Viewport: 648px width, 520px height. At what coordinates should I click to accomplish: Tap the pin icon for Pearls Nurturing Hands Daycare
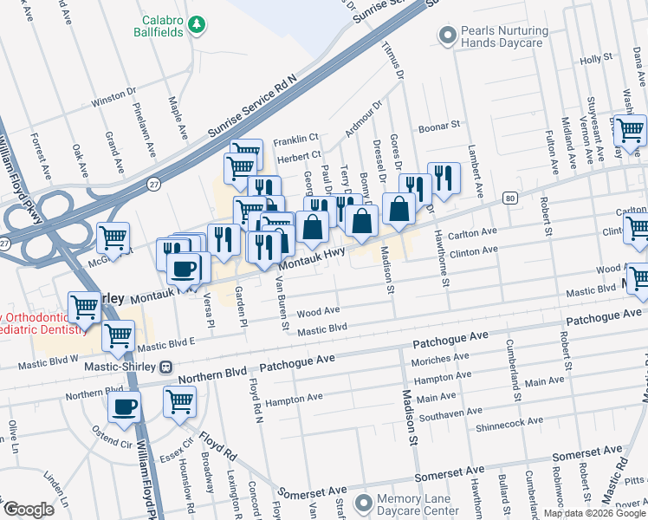[448, 36]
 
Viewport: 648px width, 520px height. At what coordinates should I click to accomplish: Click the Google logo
[29, 510]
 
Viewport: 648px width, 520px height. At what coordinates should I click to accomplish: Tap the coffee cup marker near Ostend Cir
[125, 406]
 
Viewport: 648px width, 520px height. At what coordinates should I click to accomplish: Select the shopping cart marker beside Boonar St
[631, 130]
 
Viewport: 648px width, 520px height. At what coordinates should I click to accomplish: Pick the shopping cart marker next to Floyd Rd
[179, 401]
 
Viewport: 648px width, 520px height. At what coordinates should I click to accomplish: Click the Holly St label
[596, 60]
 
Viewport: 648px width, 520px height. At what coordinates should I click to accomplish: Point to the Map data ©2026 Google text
[594, 513]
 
